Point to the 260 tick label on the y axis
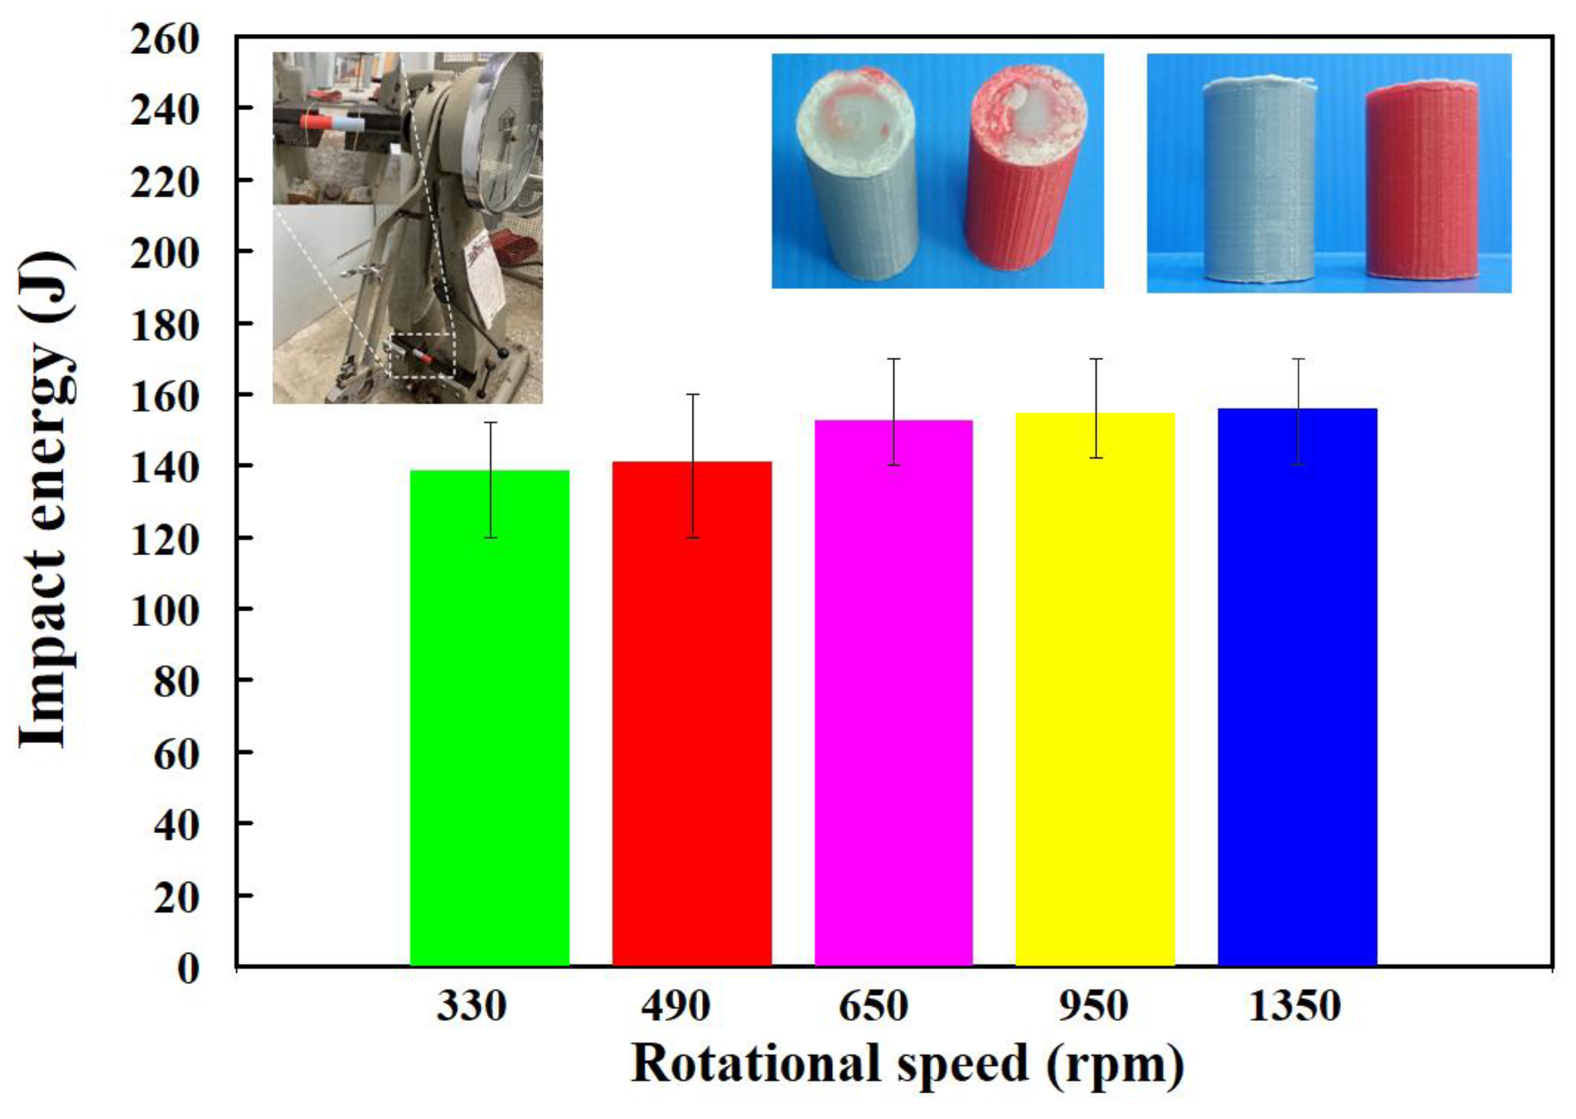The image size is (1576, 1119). tap(165, 40)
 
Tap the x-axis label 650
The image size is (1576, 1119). tap(873, 1006)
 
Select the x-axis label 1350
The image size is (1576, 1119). tap(1294, 1006)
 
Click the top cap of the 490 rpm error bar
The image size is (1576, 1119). tap(693, 395)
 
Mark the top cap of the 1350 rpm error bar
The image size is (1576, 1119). tap(1298, 359)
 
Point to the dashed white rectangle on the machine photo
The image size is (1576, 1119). tap(422, 356)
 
